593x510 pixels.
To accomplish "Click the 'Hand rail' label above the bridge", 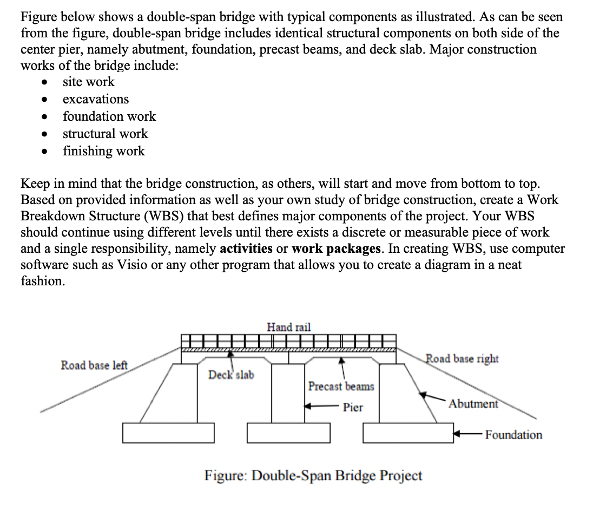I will (289, 327).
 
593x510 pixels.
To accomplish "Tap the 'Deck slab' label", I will (231, 375).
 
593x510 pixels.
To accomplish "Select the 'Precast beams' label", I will (341, 387).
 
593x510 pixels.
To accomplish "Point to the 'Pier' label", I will (353, 407).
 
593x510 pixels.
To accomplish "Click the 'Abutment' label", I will (473, 404).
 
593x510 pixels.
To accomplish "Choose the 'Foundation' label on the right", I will (513, 435).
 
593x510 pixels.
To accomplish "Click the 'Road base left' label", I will (95, 365).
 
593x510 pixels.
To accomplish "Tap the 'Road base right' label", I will (462, 358).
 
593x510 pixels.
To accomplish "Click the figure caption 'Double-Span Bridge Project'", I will (313, 475).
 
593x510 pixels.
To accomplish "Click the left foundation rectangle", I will (169, 432).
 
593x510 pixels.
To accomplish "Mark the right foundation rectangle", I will (408, 432).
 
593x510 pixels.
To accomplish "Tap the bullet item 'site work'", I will (89, 82).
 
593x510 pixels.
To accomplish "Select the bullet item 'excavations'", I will (96, 99).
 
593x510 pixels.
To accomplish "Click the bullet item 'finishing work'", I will (104, 151).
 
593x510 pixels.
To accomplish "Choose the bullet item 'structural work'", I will (105, 134).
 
